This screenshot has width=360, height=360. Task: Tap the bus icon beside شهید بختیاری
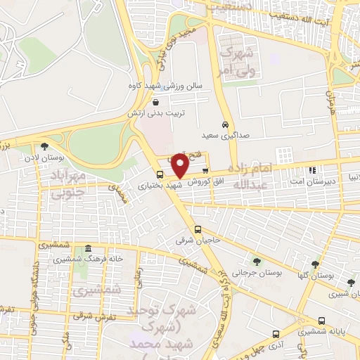(160, 174)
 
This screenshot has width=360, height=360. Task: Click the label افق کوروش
(205, 181)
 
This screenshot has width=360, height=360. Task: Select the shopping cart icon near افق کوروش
(205, 170)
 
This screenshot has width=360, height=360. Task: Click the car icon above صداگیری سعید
(224, 124)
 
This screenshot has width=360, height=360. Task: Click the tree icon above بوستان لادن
(45, 147)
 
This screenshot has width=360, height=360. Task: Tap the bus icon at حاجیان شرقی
(198, 229)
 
